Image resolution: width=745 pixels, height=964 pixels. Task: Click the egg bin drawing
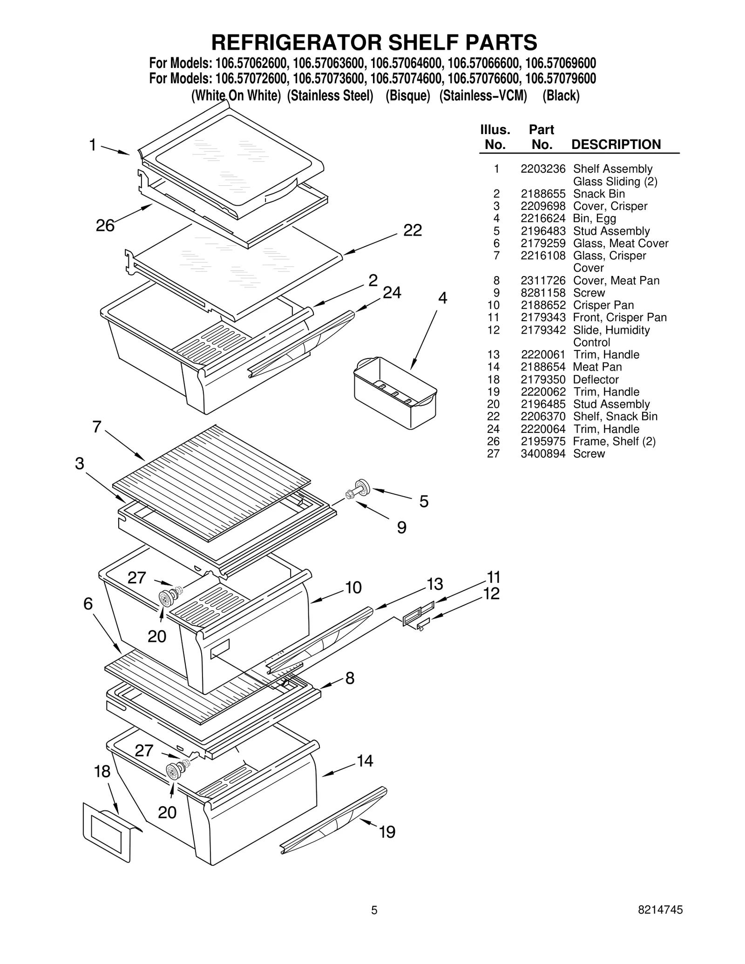tap(395, 392)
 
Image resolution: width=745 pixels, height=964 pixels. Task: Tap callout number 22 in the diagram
tap(412, 230)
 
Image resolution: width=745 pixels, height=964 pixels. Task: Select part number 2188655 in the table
tap(542, 194)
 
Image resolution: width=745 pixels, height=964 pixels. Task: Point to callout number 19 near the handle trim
tap(387, 831)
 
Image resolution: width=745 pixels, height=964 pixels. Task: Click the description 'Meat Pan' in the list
tap(597, 367)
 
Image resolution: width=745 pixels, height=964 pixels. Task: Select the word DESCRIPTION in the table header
tap(616, 144)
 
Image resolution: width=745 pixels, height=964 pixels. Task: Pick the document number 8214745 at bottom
tap(660, 923)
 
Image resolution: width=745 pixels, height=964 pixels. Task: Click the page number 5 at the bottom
tap(374, 924)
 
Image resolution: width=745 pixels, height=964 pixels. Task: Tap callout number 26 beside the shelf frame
tap(105, 225)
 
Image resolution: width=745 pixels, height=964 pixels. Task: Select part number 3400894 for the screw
tap(542, 453)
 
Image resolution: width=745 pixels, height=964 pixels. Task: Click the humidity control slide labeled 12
tap(423, 624)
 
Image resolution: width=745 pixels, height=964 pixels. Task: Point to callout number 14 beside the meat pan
tap(365, 761)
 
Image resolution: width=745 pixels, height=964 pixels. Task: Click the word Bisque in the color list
tap(407, 95)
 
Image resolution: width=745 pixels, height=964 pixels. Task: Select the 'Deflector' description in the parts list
tap(596, 379)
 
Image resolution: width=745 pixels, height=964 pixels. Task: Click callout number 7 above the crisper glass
tap(97, 426)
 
